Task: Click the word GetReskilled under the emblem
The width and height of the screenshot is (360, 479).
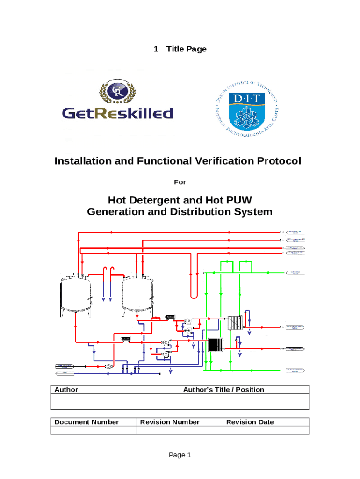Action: pos(117,113)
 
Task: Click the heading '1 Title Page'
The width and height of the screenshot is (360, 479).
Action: pos(180,49)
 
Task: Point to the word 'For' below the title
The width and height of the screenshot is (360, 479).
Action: pos(180,182)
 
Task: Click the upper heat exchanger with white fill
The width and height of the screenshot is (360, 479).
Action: pos(234,323)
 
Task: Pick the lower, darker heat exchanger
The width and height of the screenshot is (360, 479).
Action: pos(216,345)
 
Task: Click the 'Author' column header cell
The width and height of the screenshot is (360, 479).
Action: pos(66,390)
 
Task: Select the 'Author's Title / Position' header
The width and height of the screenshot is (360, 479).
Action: pos(223,390)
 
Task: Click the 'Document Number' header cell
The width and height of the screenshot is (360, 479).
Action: pos(86,422)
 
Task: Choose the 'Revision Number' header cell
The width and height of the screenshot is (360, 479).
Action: pos(170,422)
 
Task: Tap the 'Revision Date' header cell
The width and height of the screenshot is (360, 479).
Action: pos(250,422)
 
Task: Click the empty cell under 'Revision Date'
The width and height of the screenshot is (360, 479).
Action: pos(265,430)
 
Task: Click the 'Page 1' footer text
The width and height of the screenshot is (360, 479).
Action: pos(180,455)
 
